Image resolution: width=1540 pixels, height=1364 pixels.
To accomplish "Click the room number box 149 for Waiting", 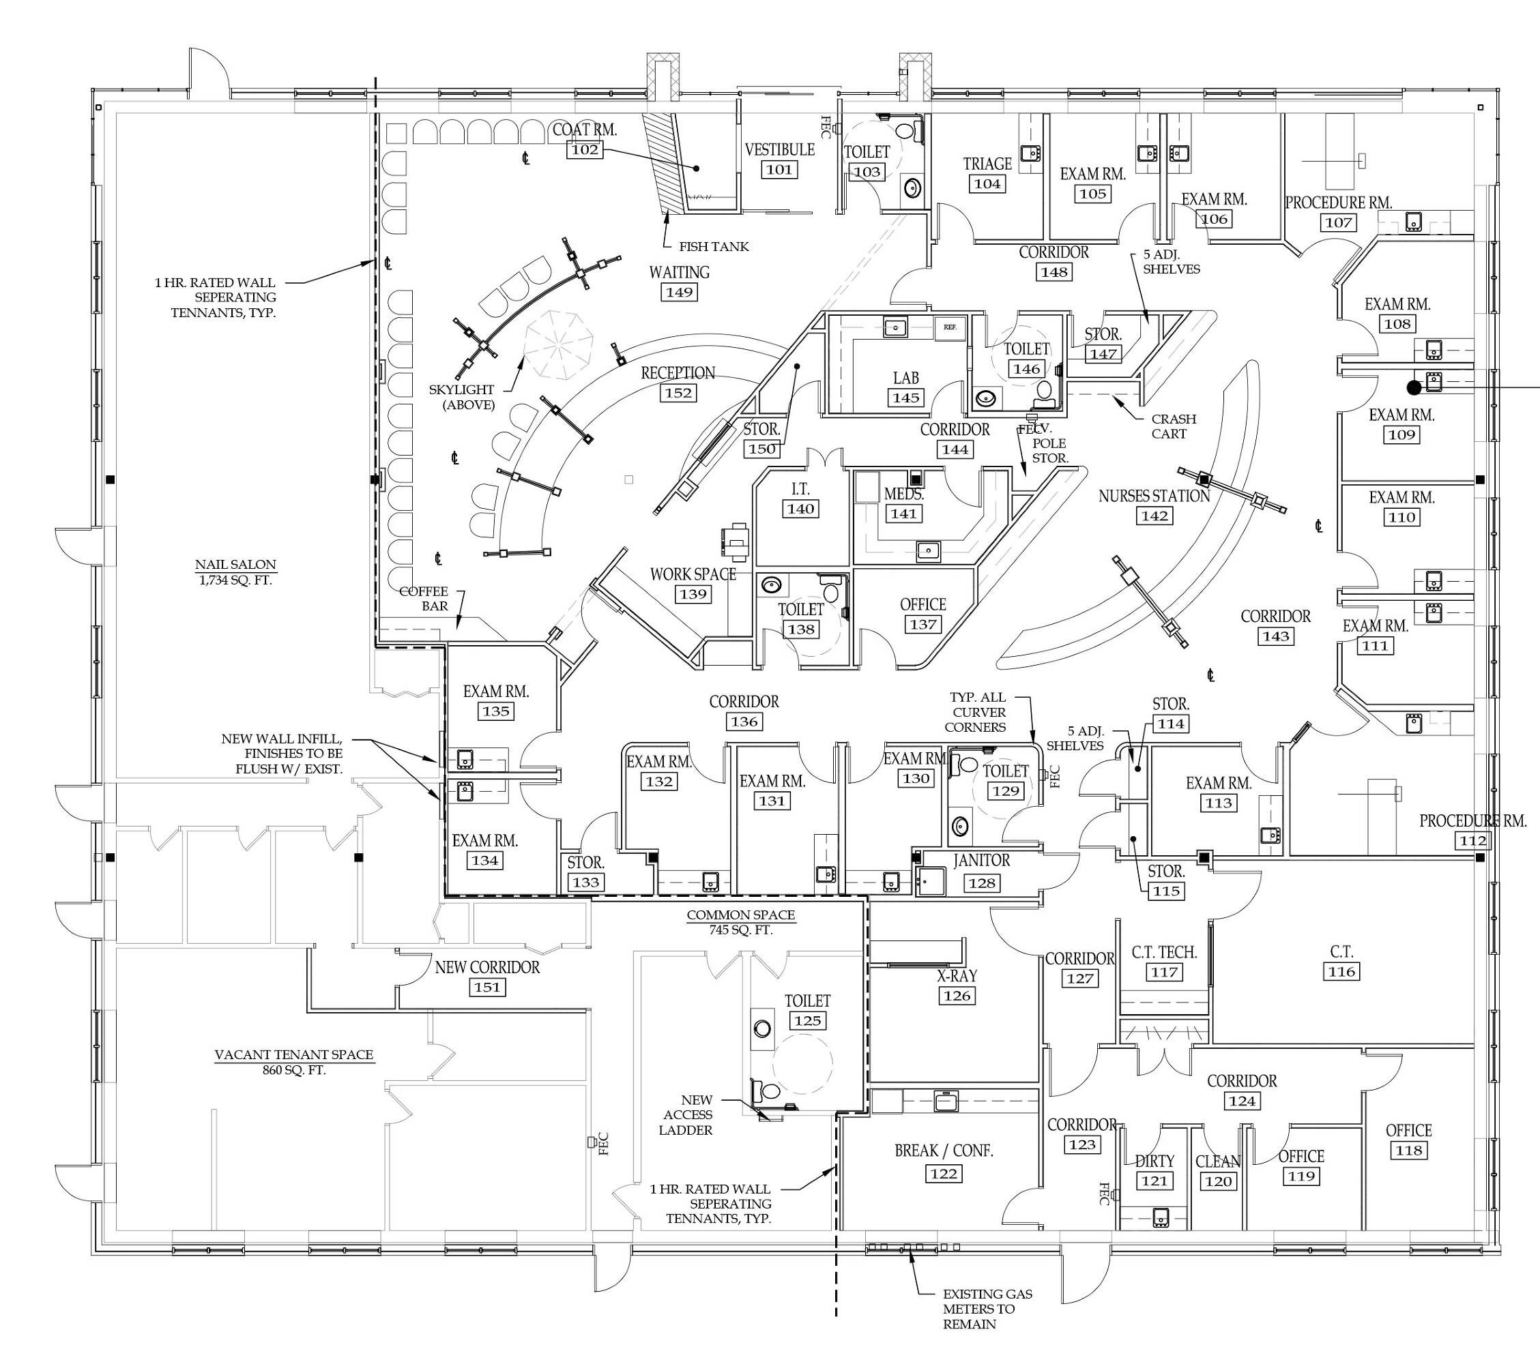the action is pyautogui.click(x=679, y=291).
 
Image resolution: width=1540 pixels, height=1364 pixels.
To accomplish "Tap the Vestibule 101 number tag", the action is pyautogui.click(x=779, y=169).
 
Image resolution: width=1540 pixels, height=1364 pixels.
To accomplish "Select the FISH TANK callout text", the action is pyautogui.click(x=714, y=246).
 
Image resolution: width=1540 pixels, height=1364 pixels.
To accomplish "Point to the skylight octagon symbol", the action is pyautogui.click(x=559, y=345).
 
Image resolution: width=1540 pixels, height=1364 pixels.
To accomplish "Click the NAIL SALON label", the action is pyautogui.click(x=236, y=564).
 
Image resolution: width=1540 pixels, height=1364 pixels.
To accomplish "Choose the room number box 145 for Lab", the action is pyautogui.click(x=905, y=398).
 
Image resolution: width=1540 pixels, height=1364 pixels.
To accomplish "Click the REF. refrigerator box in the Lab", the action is pyautogui.click(x=950, y=327).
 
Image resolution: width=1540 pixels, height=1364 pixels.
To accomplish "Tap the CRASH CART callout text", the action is pyautogui.click(x=1173, y=426).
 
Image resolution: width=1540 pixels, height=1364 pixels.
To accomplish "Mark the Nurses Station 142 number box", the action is pyautogui.click(x=1154, y=516).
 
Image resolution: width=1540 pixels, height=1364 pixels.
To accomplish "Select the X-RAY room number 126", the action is pyautogui.click(x=957, y=996).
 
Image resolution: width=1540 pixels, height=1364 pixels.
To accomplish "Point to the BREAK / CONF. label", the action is pyautogui.click(x=944, y=1151).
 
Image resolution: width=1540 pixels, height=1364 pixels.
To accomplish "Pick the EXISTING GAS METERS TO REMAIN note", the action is pyautogui.click(x=987, y=1309).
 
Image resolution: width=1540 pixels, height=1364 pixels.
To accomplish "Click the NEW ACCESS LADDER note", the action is pyautogui.click(x=687, y=1114).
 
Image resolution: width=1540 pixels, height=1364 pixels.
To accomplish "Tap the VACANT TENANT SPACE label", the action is pyautogui.click(x=294, y=1054).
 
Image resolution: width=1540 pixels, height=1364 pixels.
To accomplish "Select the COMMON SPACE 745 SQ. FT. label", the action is pyautogui.click(x=740, y=922).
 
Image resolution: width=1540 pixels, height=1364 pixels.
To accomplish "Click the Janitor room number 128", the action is pyautogui.click(x=982, y=883).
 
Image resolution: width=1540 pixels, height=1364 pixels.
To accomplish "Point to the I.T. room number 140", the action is pyautogui.click(x=800, y=508).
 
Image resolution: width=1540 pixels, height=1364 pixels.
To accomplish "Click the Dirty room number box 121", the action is pyautogui.click(x=1154, y=1181).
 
